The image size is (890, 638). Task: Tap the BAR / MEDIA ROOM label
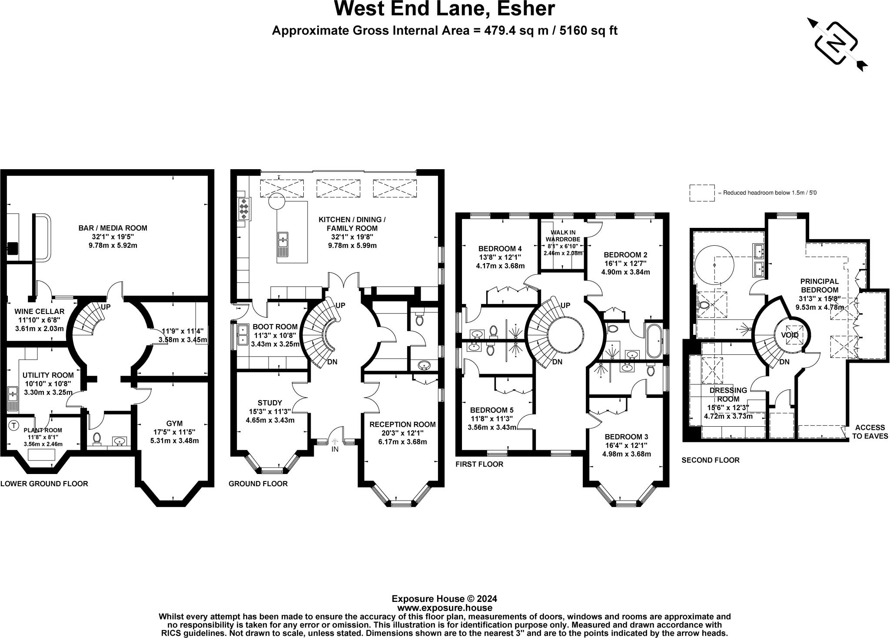(x=113, y=228)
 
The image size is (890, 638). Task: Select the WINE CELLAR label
(x=39, y=311)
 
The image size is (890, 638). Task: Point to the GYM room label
(x=174, y=423)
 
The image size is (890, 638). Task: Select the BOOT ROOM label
(x=275, y=327)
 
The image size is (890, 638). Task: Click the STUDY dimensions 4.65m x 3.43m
(x=270, y=420)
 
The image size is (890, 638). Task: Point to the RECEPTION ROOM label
(x=402, y=424)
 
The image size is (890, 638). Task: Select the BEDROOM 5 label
(x=491, y=410)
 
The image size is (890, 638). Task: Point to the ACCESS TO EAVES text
(x=870, y=432)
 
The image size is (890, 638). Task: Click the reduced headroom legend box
(x=701, y=193)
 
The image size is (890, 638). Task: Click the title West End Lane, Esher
(x=445, y=9)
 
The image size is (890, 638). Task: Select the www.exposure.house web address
(x=445, y=608)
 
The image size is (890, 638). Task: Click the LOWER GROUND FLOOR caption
(x=44, y=484)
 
